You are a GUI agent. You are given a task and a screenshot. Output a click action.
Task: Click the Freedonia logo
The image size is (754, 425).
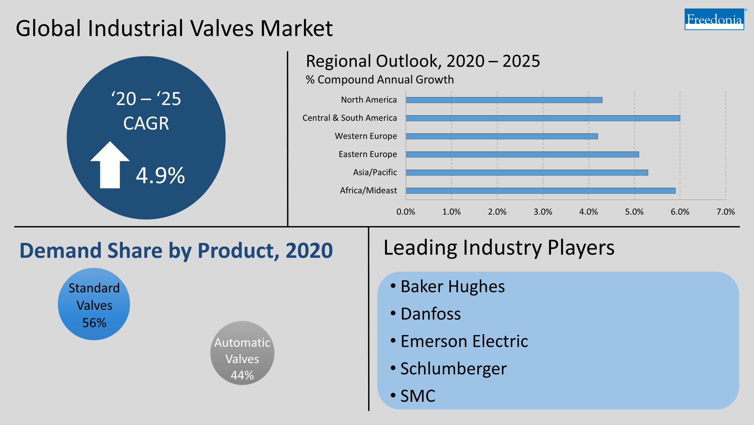[x=714, y=19]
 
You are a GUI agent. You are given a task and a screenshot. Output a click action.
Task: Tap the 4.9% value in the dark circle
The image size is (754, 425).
[x=160, y=176]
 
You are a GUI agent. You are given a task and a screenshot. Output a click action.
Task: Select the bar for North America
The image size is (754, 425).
[x=503, y=100]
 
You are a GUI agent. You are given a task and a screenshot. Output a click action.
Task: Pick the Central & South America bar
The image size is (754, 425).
[x=542, y=118]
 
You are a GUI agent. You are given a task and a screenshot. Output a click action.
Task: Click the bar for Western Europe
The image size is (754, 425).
[x=502, y=136]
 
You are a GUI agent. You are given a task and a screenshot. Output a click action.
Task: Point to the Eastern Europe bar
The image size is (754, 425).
[x=522, y=155]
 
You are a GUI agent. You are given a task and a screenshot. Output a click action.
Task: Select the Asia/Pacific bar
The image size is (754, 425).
[x=526, y=173]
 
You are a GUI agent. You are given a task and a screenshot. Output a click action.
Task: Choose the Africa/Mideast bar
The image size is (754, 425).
[x=540, y=191]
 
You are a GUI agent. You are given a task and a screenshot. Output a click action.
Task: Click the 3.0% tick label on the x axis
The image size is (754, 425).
[x=543, y=212]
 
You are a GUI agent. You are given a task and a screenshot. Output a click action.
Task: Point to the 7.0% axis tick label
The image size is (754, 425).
[x=725, y=212]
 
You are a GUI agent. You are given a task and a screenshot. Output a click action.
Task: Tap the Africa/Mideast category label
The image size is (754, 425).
[x=368, y=190]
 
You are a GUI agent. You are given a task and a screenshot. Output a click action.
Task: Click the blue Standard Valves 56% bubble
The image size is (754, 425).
[x=94, y=304]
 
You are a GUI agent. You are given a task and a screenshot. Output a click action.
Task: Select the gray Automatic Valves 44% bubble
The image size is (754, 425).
[x=242, y=353]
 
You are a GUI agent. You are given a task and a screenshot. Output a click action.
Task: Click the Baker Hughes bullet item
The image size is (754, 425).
[x=452, y=286]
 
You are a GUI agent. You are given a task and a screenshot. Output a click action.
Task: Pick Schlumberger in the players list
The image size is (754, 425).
[x=453, y=369]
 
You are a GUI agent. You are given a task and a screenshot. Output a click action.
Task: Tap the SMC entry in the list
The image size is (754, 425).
[x=418, y=396]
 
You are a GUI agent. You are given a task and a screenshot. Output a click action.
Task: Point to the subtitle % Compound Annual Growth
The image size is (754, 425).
[x=379, y=80]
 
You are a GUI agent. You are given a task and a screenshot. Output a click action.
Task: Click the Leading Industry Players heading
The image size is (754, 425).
[x=499, y=248]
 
